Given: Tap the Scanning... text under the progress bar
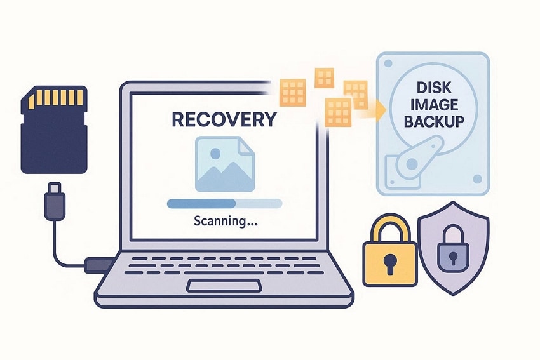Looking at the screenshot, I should point(224,222).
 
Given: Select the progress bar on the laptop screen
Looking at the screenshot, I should point(224,203).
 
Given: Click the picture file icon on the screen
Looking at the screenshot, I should point(224,165).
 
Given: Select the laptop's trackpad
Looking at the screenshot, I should point(224,286).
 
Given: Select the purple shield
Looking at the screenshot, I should point(453,248).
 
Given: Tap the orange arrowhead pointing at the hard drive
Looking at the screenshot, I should point(381,111).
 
